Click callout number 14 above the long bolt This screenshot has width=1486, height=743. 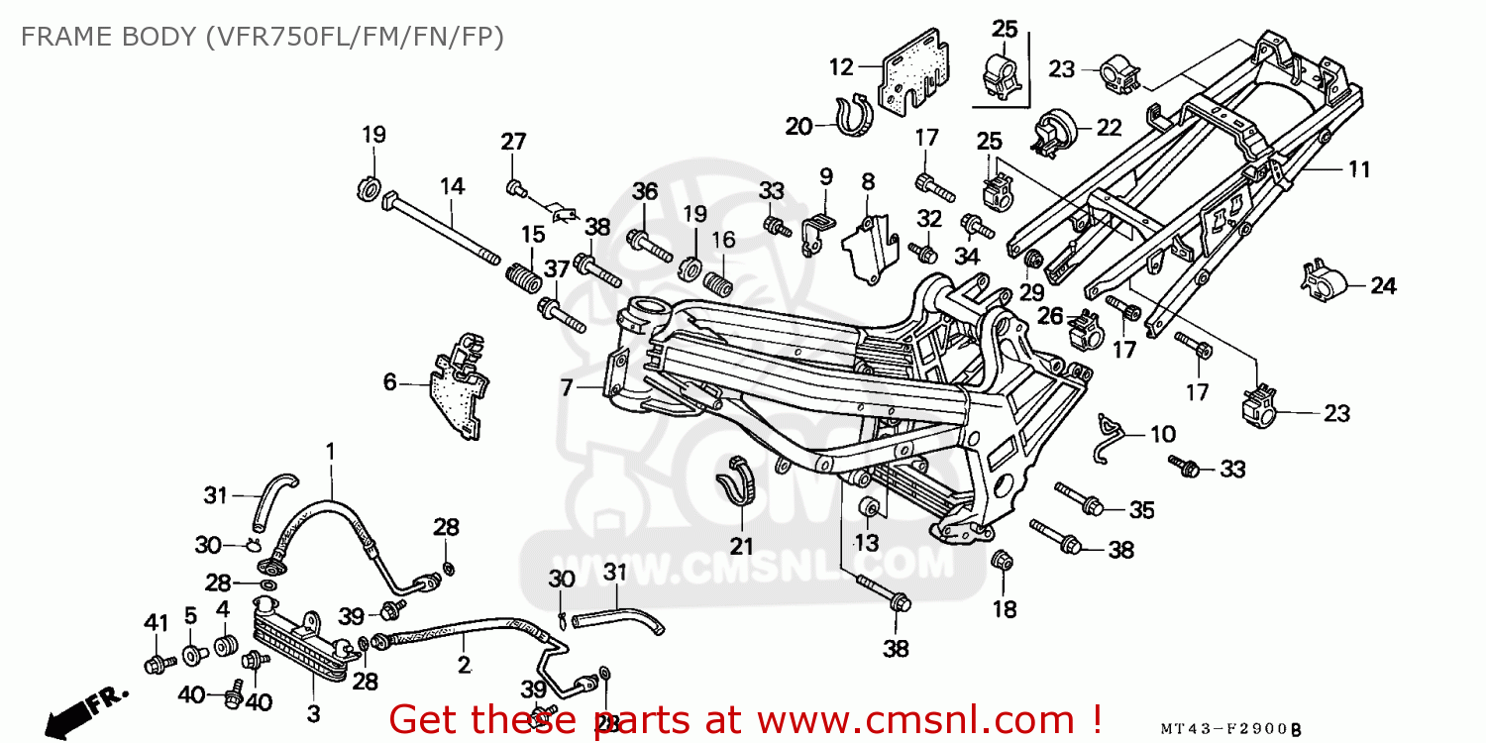pyautogui.click(x=452, y=185)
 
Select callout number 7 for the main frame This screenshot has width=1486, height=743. pyautogui.click(x=567, y=387)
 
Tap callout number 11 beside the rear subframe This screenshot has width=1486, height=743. pyautogui.click(x=1358, y=169)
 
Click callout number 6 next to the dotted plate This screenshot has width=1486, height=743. pyautogui.click(x=389, y=381)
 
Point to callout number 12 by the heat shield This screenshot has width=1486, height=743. pyautogui.click(x=840, y=67)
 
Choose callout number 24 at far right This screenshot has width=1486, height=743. pyautogui.click(x=1383, y=286)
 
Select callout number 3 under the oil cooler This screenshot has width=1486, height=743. pyautogui.click(x=313, y=713)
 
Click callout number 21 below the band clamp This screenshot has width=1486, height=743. pyautogui.click(x=742, y=546)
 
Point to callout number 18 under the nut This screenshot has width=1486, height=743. pyautogui.click(x=1005, y=609)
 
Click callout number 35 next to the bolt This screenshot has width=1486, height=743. pyautogui.click(x=1141, y=510)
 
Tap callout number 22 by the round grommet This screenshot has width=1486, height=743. pyautogui.click(x=1109, y=127)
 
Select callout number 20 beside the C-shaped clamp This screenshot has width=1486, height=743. pyautogui.click(x=798, y=126)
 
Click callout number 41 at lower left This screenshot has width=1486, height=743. pyautogui.click(x=157, y=622)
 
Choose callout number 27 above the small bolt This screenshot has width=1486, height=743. pyautogui.click(x=512, y=142)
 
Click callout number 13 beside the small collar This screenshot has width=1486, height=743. pyautogui.click(x=866, y=542)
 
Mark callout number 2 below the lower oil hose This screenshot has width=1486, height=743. pyautogui.click(x=464, y=665)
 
